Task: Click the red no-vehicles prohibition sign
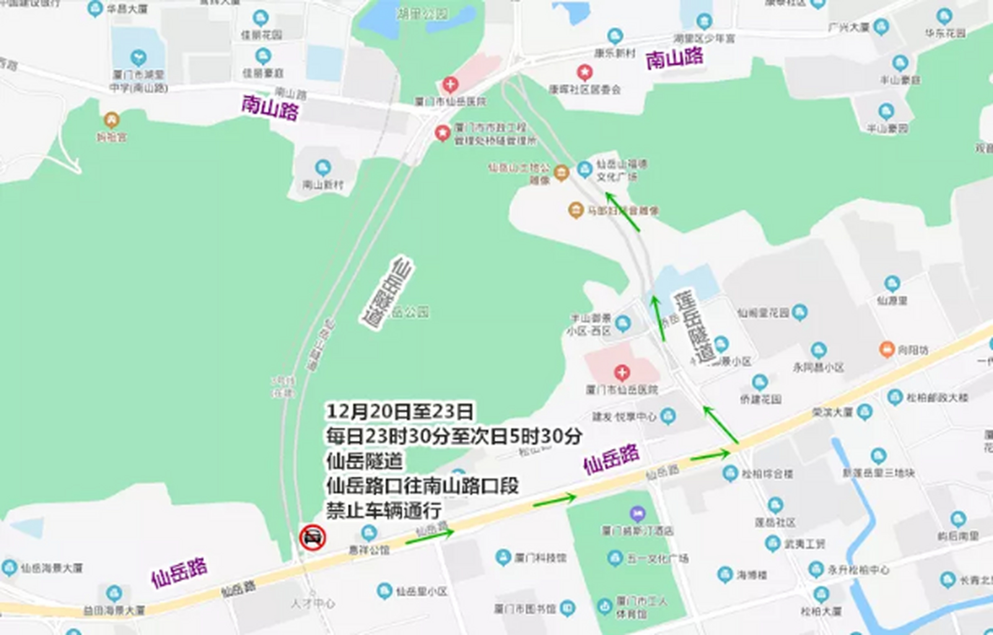click(312, 537)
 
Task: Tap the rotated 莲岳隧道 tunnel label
click(694, 327)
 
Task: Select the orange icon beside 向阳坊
click(886, 349)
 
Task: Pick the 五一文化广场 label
click(658, 559)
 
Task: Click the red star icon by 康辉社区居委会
click(585, 72)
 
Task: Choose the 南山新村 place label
click(323, 185)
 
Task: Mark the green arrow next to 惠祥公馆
click(430, 535)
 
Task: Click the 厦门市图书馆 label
click(525, 608)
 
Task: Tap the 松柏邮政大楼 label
click(937, 397)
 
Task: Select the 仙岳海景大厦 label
click(52, 568)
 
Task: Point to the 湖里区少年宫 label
click(704, 39)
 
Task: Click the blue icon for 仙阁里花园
click(800, 312)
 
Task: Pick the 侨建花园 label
click(760, 399)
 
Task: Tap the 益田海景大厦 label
click(114, 610)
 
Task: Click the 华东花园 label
click(945, 33)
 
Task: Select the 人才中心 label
click(313, 604)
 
